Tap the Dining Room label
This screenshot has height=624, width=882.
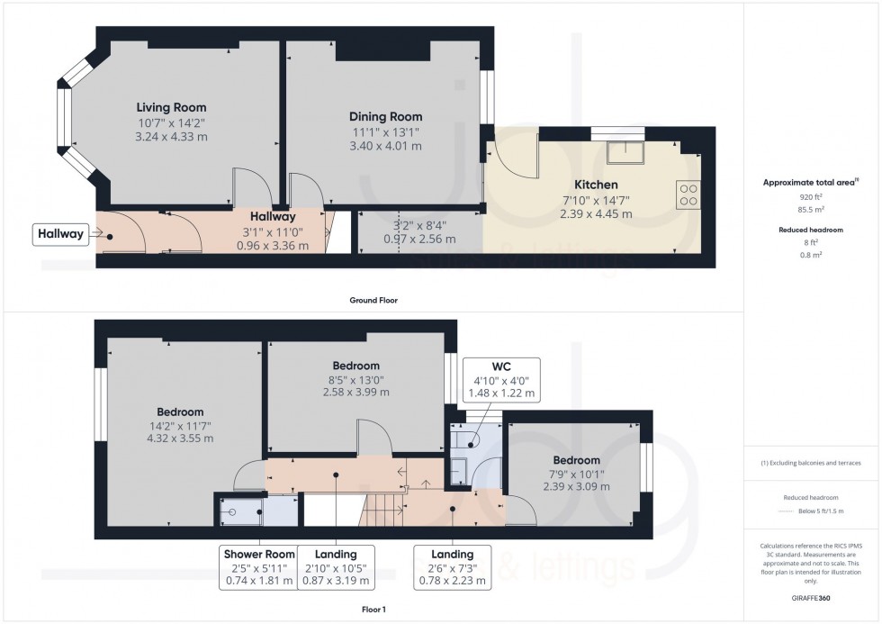[385, 116]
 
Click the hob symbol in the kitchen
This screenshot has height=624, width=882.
[688, 195]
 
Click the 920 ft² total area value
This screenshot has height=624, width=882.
[811, 196]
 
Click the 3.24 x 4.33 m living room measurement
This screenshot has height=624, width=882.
[172, 137]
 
